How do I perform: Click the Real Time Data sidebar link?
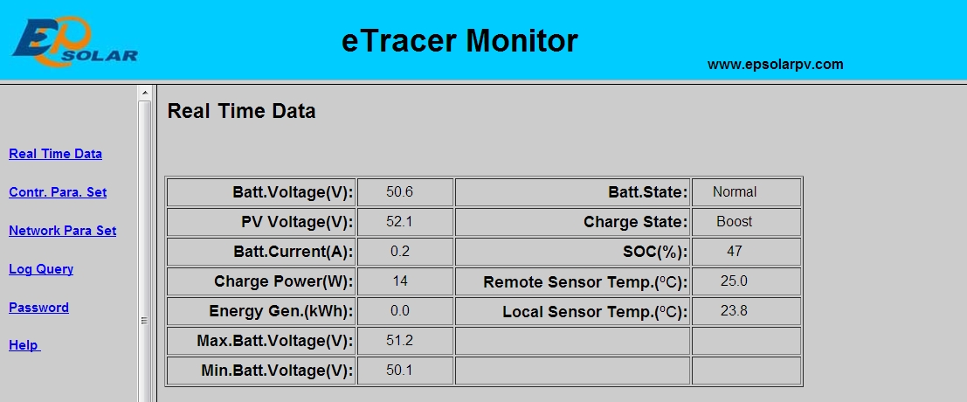56,154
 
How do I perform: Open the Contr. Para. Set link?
58,191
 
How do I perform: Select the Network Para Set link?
62,231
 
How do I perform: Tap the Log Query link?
41,269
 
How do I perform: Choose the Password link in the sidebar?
38,307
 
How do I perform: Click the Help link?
24,345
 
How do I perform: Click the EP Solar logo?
74,41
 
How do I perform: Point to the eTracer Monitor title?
459,41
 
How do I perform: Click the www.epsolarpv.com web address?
775,64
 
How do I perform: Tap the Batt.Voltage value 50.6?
399,191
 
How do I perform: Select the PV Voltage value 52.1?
399,221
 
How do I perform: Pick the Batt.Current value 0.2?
399,251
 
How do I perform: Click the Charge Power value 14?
399,281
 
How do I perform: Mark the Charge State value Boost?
734,221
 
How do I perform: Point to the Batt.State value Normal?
735,191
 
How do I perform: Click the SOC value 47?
734,251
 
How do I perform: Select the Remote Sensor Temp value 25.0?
734,281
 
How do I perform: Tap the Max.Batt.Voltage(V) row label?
275,341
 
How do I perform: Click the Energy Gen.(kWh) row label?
281,311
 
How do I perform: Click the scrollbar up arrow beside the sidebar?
145,94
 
